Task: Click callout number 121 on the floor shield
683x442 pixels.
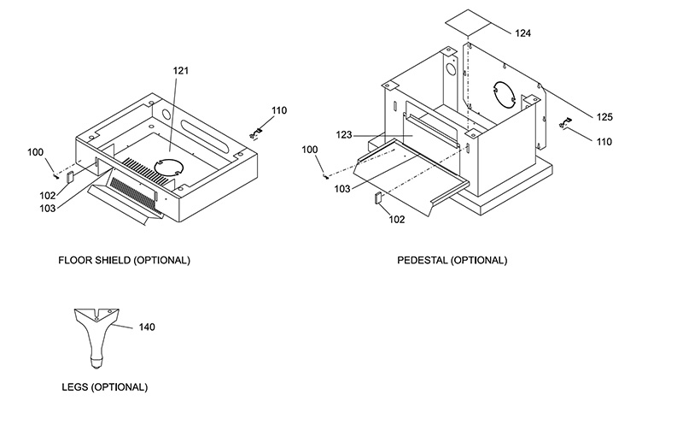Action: click(x=181, y=71)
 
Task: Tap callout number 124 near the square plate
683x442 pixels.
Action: click(x=522, y=33)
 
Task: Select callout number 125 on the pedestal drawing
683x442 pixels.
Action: click(x=604, y=117)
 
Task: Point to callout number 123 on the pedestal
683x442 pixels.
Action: click(x=344, y=135)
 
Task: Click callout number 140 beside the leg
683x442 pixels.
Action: click(x=147, y=327)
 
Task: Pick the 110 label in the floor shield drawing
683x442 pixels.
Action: click(x=279, y=110)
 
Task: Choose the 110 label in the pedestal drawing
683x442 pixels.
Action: click(x=604, y=142)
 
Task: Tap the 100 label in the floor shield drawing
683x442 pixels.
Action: click(x=35, y=152)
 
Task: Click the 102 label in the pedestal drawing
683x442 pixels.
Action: click(x=396, y=220)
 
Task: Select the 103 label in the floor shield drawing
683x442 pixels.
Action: click(x=48, y=209)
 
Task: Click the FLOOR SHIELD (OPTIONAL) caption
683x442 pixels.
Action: click(x=124, y=260)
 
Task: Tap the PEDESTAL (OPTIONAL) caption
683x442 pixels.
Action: click(x=452, y=260)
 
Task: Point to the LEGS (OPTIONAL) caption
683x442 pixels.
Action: click(x=104, y=387)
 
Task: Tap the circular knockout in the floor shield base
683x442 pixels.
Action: click(x=168, y=167)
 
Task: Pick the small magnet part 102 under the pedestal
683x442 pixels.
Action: click(x=378, y=197)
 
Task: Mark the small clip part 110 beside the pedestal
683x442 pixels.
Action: click(x=565, y=123)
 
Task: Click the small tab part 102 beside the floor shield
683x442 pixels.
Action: click(x=70, y=177)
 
